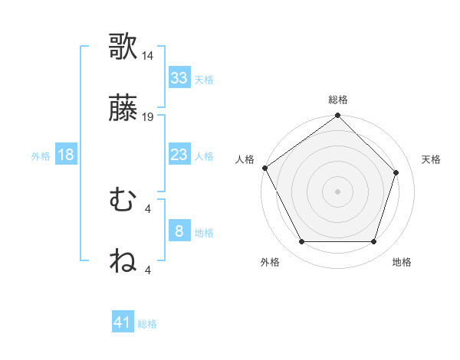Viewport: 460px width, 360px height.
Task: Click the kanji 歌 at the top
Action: tap(123, 47)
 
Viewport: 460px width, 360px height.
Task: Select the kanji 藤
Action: tap(123, 112)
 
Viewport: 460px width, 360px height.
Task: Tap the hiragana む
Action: tap(123, 201)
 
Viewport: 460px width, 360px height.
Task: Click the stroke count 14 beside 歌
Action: tap(148, 56)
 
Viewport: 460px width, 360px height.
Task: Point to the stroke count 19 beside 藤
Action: tap(148, 117)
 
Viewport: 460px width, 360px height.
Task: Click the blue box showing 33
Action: tap(179, 78)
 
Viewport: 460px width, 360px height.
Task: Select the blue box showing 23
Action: tap(179, 155)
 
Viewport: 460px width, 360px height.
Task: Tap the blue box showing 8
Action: tap(179, 231)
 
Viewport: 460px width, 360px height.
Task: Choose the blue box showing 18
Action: tap(66, 155)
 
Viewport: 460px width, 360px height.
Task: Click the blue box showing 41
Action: tap(123, 323)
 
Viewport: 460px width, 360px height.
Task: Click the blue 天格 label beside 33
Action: tap(204, 80)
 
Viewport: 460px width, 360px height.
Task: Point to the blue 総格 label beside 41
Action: tap(147, 325)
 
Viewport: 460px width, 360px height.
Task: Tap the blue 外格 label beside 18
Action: tap(41, 156)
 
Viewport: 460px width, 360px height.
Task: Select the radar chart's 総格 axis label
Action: tap(338, 100)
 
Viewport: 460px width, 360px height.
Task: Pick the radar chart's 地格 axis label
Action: tap(402, 263)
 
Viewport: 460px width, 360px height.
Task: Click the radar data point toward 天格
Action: tap(396, 172)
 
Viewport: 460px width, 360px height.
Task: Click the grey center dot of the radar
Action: tap(338, 191)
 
